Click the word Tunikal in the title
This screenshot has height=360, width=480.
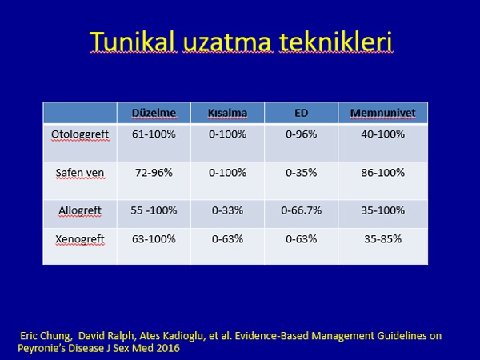pos(133,42)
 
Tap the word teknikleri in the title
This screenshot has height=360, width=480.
pos(335,42)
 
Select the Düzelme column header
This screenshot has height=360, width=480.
pos(154,113)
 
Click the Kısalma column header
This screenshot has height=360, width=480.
pos(227,113)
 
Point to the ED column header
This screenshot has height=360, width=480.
pos(302,113)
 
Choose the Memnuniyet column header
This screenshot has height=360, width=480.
pos(382,113)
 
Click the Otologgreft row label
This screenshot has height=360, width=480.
pos(80,134)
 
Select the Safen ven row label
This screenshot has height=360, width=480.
pos(80,173)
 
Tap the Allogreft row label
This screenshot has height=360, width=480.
pos(80,210)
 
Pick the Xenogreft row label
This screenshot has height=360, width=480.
pos(80,238)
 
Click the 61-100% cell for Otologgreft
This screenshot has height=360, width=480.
pos(154,134)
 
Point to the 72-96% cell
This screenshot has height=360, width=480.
pos(154,173)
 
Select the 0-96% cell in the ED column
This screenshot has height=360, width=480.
pos(302,134)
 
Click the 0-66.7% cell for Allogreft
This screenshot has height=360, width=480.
pos(302,210)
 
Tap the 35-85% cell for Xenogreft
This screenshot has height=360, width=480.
pos(382,238)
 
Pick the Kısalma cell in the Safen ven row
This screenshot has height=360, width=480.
pos(227,173)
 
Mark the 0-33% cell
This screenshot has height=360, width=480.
pos(227,210)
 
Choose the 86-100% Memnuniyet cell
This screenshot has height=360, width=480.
pos(382,173)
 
